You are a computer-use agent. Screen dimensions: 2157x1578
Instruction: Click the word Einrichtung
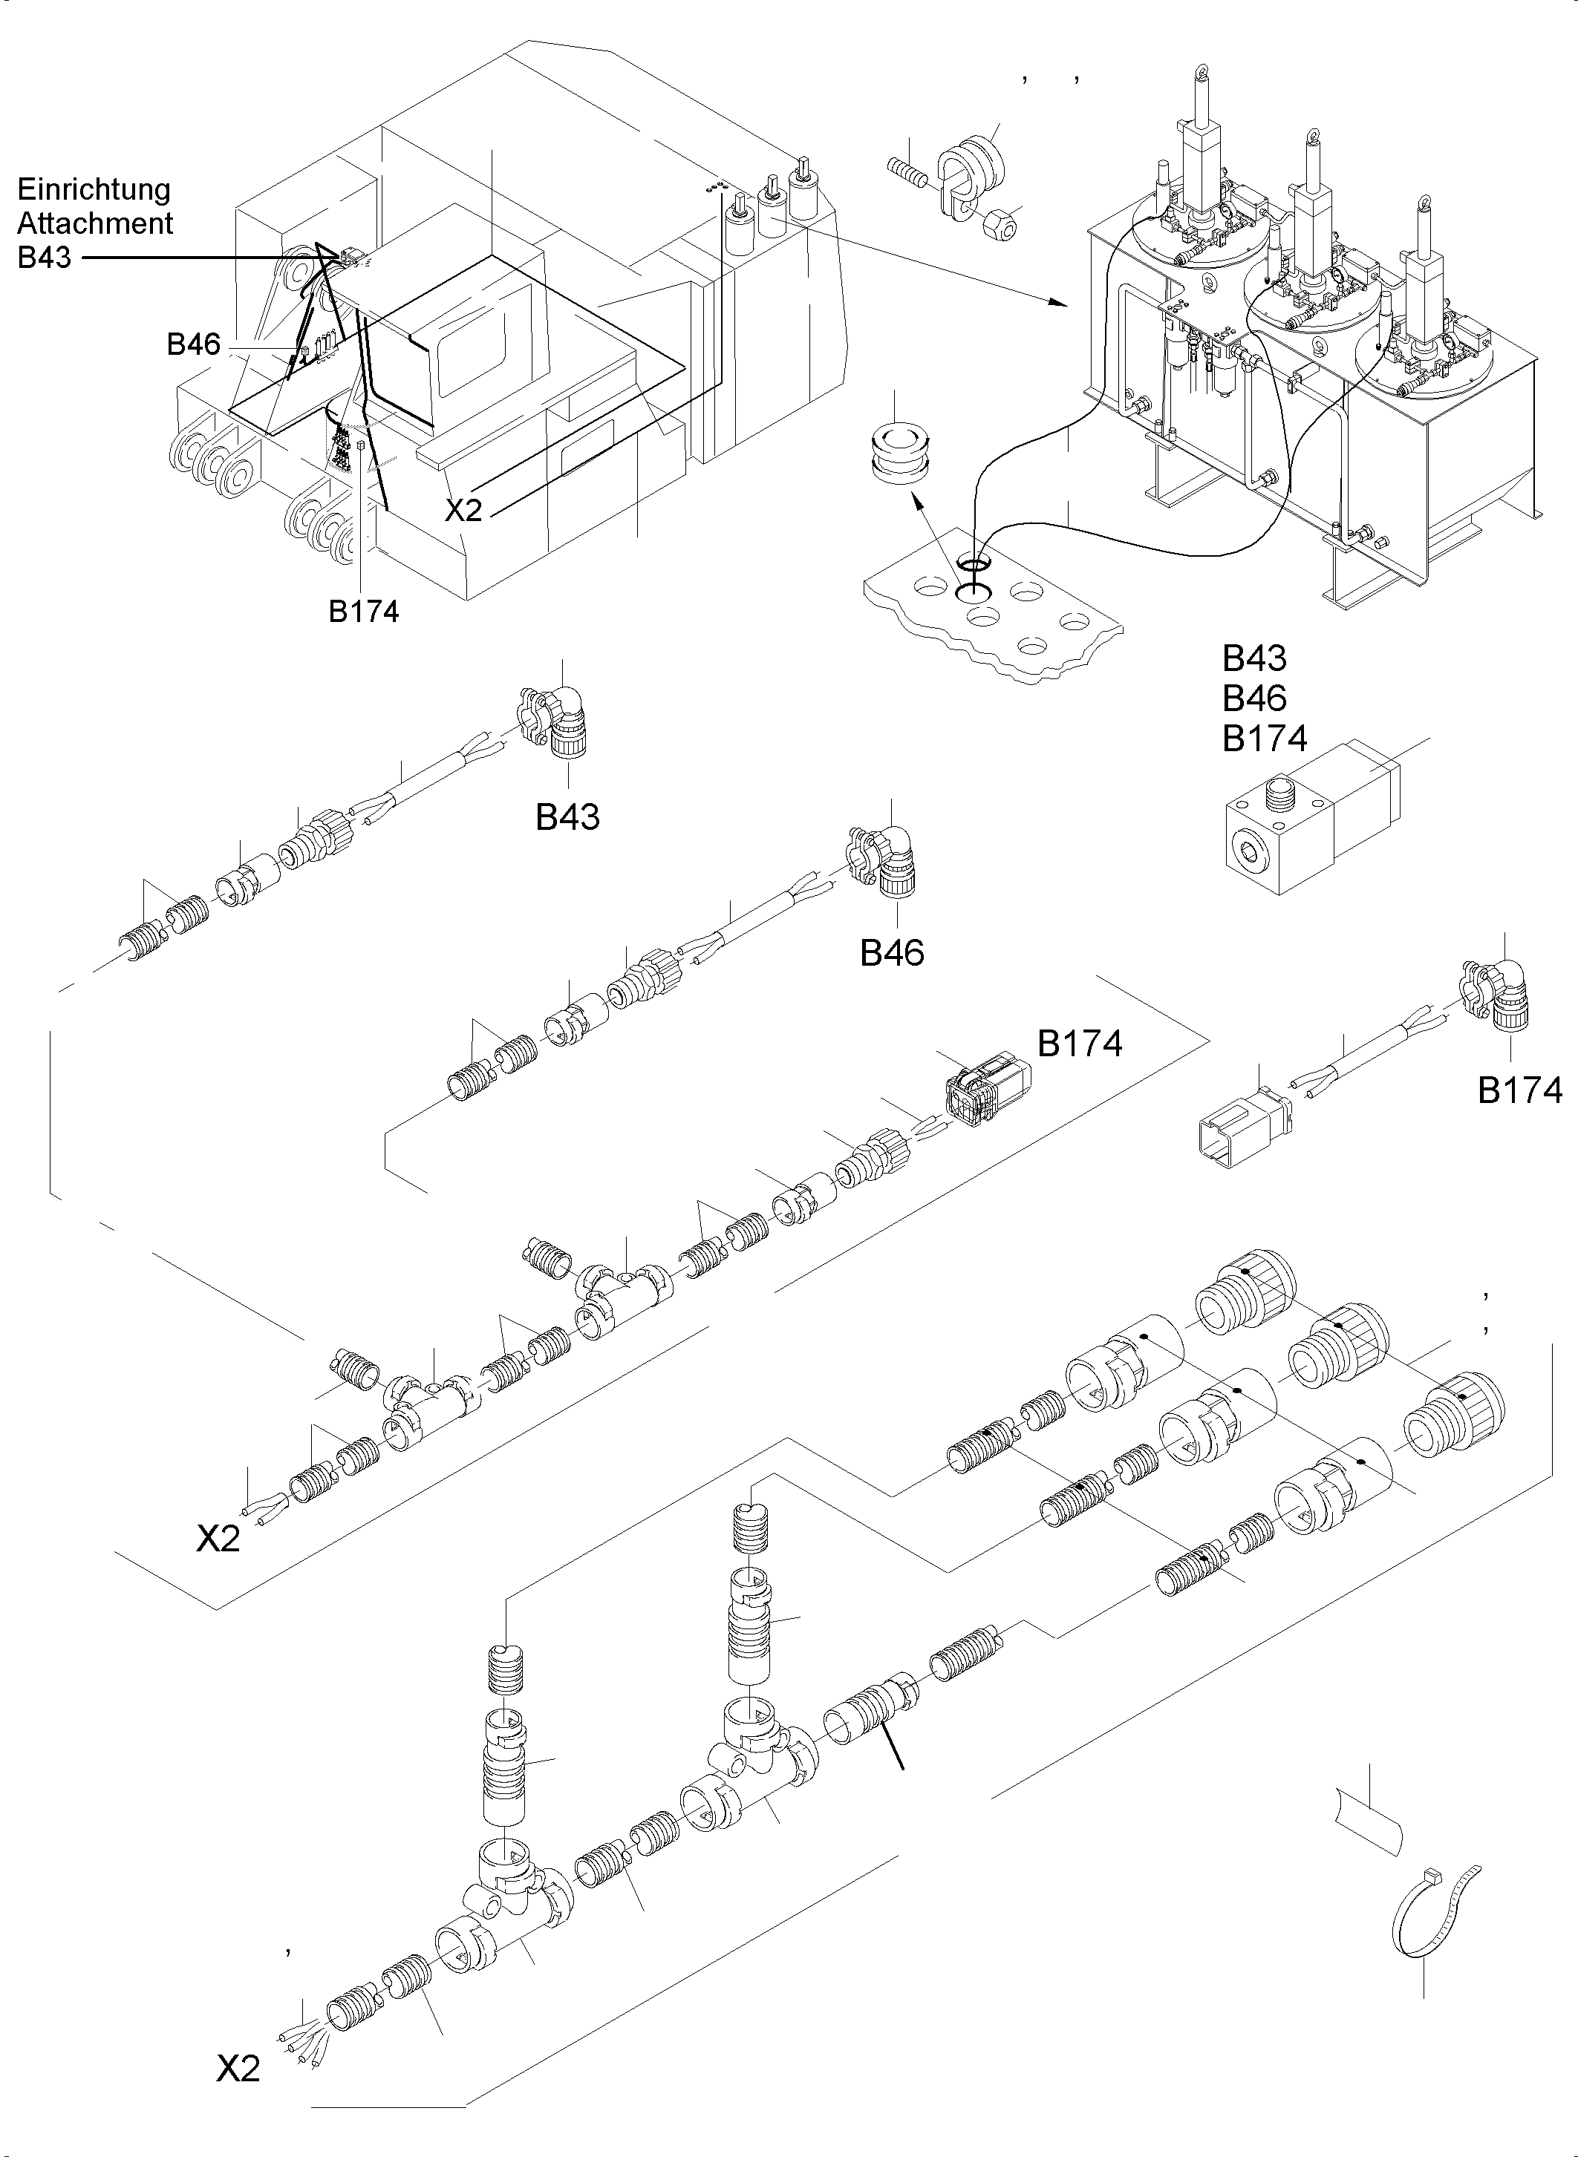[94, 189]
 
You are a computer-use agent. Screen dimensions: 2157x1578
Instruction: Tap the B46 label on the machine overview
[193, 344]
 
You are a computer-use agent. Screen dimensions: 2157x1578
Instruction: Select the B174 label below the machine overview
[363, 611]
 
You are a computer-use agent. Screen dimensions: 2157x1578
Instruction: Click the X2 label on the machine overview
[464, 511]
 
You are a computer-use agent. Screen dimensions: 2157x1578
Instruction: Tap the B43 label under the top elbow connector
[567, 817]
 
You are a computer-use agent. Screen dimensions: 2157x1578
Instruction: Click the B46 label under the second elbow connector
[892, 953]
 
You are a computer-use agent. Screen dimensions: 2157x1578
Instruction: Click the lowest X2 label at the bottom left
[238, 2068]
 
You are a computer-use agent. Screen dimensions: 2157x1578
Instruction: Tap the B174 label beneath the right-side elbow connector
[1520, 1090]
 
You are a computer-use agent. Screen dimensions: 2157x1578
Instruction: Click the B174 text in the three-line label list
[1265, 739]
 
